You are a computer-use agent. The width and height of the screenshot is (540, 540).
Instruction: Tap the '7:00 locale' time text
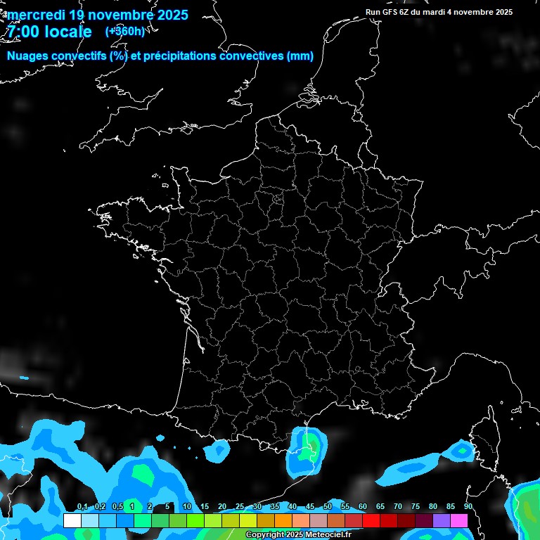pyautogui.click(x=49, y=32)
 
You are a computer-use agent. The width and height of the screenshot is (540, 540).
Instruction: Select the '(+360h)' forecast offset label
pyautogui.click(x=124, y=31)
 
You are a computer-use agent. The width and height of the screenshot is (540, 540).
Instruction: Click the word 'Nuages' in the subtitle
pyautogui.click(x=29, y=56)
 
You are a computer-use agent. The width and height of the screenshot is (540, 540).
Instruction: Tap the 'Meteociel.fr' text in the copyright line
pyautogui.click(x=328, y=535)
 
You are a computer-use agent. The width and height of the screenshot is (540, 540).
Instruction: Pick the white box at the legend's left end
pyautogui.click(x=72, y=520)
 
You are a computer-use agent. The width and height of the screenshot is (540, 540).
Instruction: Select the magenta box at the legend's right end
pyautogui.click(x=459, y=520)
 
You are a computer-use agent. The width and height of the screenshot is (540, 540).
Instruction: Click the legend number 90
pyautogui.click(x=468, y=507)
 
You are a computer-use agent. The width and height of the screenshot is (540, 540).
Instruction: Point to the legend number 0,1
pyautogui.click(x=82, y=507)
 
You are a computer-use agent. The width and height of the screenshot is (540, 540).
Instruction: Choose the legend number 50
pyautogui.click(x=328, y=507)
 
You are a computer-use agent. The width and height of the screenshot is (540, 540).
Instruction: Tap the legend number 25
pyautogui.click(x=240, y=507)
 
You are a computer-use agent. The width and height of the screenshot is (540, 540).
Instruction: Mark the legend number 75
pyautogui.click(x=416, y=507)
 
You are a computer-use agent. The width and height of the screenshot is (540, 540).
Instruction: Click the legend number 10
pyautogui.click(x=187, y=507)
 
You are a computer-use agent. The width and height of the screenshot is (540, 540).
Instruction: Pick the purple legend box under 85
pyautogui.click(x=442, y=520)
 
